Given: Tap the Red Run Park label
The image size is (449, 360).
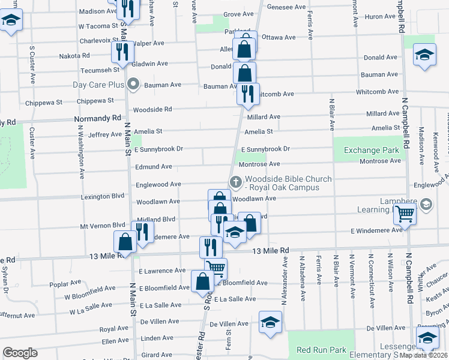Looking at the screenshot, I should click(321, 350).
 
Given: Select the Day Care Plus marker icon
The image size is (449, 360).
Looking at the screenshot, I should click(134, 85).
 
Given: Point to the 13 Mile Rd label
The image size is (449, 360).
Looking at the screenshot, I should click(271, 250).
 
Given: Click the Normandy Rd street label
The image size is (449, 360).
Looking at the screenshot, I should click(98, 119).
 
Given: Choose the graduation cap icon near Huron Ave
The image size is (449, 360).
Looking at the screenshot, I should click(424, 56).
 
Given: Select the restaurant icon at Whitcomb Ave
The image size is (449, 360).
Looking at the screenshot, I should click(247, 94).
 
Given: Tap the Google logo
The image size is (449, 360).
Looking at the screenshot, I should click(20, 353).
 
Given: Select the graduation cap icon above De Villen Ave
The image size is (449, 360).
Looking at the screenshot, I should click(270, 322).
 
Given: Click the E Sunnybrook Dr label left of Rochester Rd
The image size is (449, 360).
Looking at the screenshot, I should click(160, 149).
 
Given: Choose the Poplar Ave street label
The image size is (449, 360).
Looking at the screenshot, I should click(66, 283).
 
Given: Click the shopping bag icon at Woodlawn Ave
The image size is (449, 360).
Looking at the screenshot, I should click(220, 199).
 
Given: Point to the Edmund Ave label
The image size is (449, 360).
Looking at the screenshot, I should click(154, 166).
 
